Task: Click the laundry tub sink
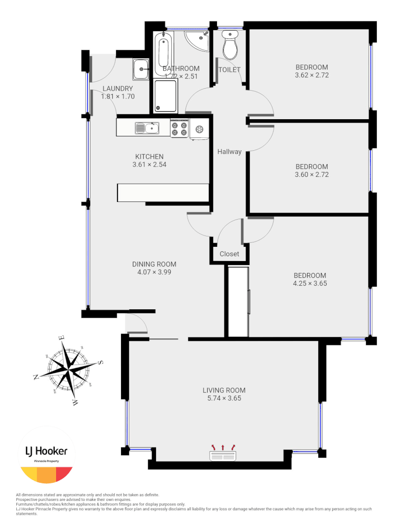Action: tap(141, 69)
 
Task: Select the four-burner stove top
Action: tap(180, 129)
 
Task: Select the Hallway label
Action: tap(229, 152)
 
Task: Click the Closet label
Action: tap(229, 254)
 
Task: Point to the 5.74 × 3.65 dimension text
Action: tap(224, 399)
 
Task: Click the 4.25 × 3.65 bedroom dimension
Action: tap(310, 283)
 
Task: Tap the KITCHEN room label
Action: tap(149, 157)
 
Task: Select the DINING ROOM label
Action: tap(154, 264)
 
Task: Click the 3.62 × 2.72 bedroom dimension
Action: tap(311, 75)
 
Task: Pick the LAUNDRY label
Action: tap(118, 89)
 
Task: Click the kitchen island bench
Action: tap(163, 193)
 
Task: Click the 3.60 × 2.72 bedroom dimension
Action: tap(311, 174)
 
